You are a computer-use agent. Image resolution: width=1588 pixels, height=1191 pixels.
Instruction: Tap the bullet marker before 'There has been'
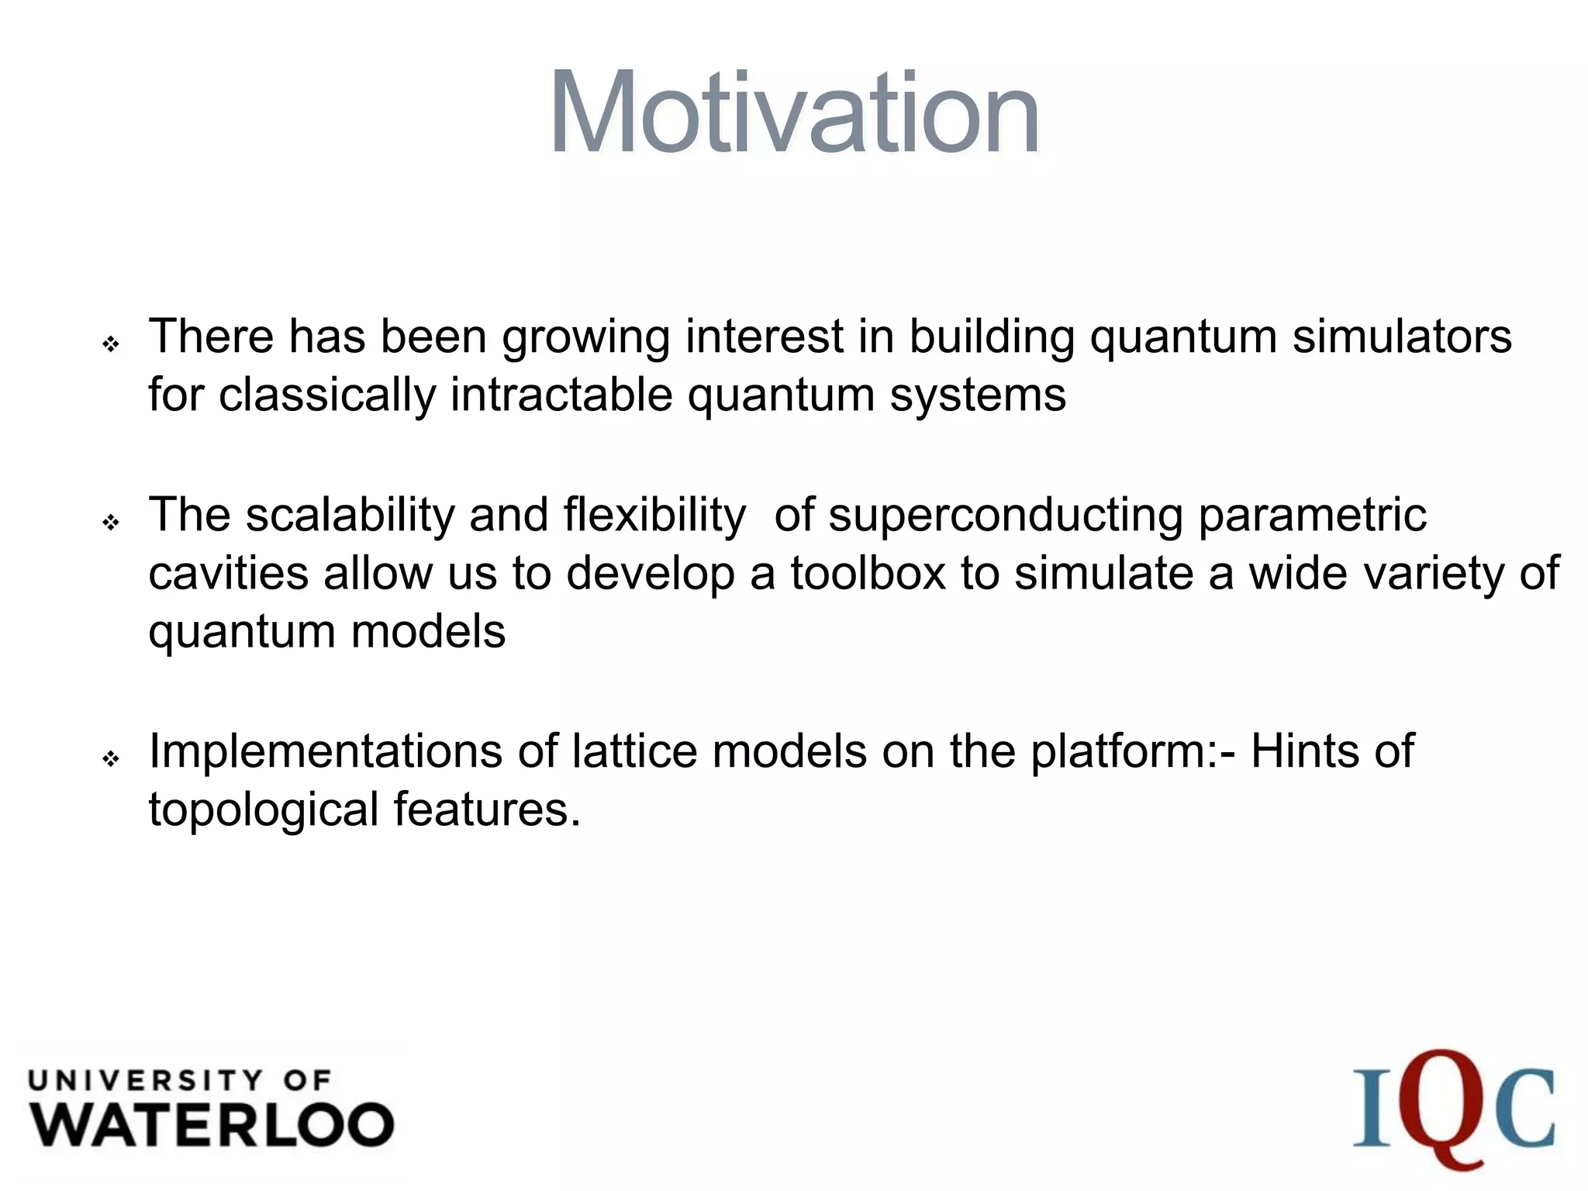click(x=111, y=343)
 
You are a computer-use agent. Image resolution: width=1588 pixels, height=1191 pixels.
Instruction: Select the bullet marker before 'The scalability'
click(x=111, y=523)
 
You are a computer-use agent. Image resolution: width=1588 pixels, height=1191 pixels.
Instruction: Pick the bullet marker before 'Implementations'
click(x=111, y=758)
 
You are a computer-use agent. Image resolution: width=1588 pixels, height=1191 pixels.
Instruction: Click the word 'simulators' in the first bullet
click(x=1402, y=337)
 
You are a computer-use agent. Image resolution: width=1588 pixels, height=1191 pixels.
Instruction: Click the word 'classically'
click(x=327, y=395)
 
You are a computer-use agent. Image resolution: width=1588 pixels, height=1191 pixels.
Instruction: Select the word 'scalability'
click(x=349, y=515)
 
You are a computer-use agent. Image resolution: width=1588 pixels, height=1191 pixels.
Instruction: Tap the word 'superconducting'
click(x=1005, y=515)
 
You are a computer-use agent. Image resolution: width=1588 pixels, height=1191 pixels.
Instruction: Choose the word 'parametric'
click(x=1312, y=515)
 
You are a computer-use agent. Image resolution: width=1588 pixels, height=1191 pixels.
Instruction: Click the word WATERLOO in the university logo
click(x=212, y=1125)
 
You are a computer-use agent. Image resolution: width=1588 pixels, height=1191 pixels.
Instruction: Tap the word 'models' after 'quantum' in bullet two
click(x=428, y=632)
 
